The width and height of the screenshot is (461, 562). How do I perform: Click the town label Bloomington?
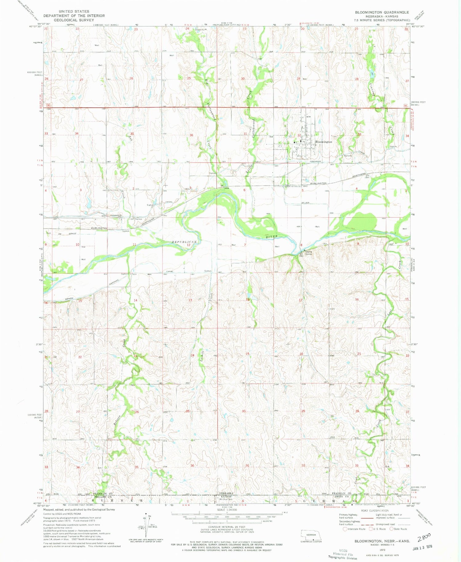324,142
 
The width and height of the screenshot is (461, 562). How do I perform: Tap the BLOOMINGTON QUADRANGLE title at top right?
382,12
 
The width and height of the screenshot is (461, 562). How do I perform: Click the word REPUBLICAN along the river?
184,242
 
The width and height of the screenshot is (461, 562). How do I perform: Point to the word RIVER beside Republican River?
272,236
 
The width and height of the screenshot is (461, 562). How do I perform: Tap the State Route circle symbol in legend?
391,529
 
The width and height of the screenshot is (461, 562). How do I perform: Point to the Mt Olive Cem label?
225,499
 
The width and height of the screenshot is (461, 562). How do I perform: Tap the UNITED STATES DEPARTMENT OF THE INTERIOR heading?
74,16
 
